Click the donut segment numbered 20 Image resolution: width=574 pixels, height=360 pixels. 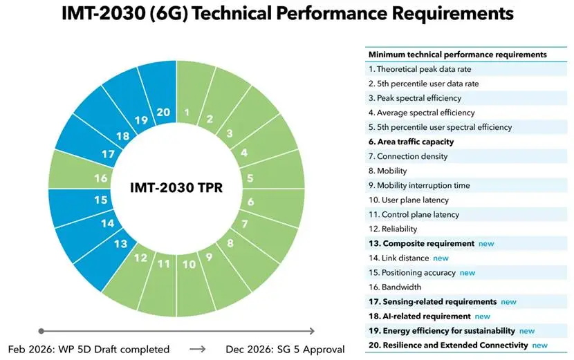163,112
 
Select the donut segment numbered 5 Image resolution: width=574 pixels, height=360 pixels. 250,178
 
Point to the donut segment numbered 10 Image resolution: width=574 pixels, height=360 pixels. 189,264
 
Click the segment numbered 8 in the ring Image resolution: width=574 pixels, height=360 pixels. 230,243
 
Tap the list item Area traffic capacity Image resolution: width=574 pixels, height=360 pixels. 411,142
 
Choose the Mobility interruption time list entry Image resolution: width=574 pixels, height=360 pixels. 418,185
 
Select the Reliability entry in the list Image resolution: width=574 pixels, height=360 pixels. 393,229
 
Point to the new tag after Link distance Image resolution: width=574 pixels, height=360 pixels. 441,258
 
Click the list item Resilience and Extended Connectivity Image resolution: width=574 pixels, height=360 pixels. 448,345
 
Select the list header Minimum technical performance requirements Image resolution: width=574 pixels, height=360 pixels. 458,54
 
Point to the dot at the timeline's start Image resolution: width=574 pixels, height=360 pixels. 41,331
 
